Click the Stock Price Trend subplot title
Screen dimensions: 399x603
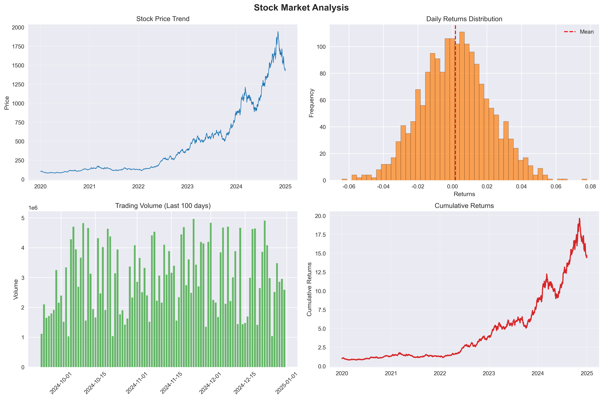click(163, 19)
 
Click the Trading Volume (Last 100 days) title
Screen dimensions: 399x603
click(163, 206)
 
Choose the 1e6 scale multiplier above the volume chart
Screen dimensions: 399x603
click(33, 208)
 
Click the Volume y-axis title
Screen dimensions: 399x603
click(16, 289)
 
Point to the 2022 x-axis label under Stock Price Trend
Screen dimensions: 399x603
click(138, 186)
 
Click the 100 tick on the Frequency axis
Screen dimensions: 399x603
click(321, 47)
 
